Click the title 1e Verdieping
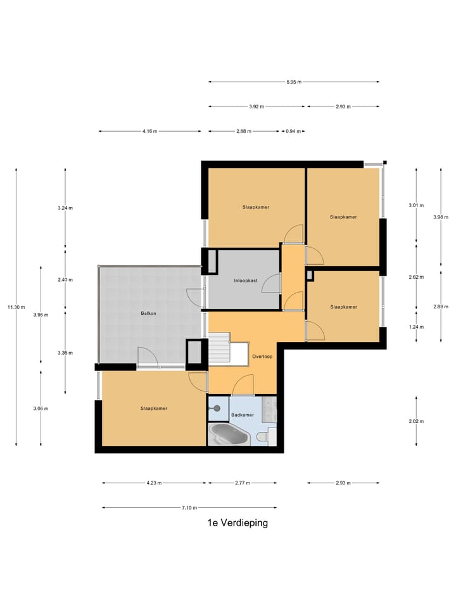tap(237, 523)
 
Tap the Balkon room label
tap(148, 313)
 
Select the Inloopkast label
tap(246, 281)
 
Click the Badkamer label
tap(243, 415)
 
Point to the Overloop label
tap(262, 357)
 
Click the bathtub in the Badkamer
tap(228, 434)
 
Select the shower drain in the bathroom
tap(217, 408)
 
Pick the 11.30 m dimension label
tap(16, 308)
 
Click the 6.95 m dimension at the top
tap(294, 82)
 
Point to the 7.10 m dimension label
tap(189, 507)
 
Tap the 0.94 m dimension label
tap(293, 131)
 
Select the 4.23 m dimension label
tap(154, 483)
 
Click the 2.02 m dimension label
tap(417, 422)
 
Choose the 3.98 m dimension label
tap(441, 217)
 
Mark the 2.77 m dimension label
tap(243, 483)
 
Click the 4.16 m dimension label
tap(149, 131)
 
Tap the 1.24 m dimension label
tap(417, 327)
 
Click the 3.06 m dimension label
tap(41, 408)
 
